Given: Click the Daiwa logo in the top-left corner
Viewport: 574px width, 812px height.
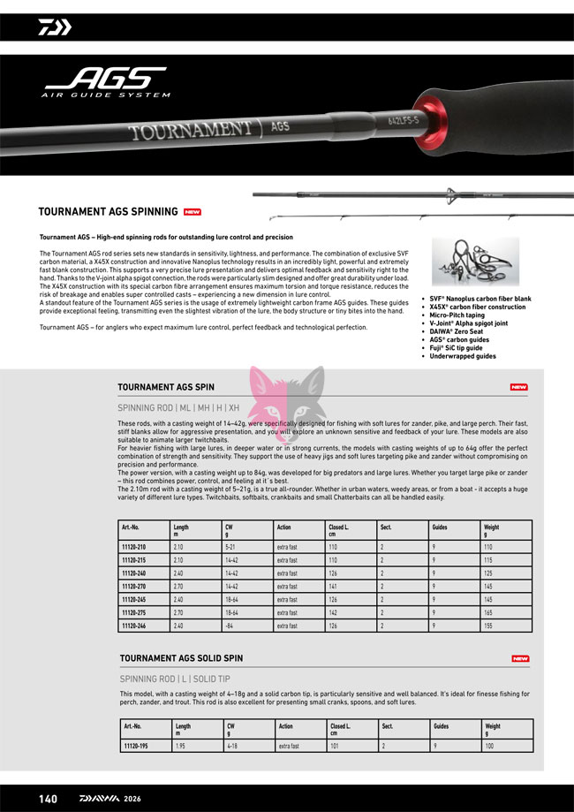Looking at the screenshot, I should tap(54, 27).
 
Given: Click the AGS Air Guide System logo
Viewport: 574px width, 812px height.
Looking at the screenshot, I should tap(106, 82).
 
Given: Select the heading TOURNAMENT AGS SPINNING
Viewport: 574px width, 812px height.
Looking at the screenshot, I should tap(108, 212).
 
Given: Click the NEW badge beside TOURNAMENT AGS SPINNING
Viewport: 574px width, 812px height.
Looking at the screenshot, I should tap(193, 212).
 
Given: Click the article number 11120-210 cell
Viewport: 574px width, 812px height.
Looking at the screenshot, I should tap(133, 548).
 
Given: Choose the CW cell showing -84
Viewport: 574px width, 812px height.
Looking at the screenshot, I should tap(229, 626).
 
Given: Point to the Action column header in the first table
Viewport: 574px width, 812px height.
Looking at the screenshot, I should tap(283, 527).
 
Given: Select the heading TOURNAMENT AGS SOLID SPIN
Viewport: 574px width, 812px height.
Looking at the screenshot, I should tap(181, 658).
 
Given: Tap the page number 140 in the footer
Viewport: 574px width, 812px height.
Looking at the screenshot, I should tap(48, 799).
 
